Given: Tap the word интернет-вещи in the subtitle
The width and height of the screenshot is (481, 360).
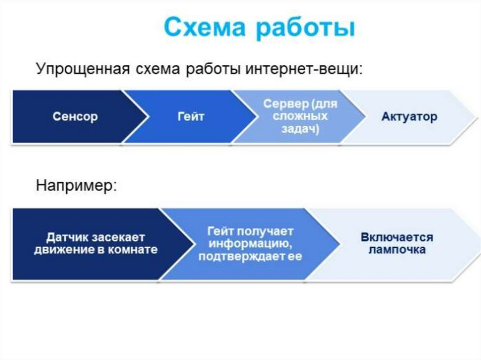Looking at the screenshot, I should [x=303, y=69].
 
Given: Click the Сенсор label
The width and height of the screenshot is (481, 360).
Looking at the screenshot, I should [x=75, y=116].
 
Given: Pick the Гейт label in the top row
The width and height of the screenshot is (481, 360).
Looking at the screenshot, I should [x=191, y=116].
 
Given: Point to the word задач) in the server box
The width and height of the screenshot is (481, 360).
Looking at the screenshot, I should [x=300, y=129].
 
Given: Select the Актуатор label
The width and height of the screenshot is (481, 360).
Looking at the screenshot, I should [x=409, y=116].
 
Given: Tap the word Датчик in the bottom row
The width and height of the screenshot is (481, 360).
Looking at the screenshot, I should [x=67, y=237].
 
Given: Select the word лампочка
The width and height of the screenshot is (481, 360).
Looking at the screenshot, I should [x=397, y=249].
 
